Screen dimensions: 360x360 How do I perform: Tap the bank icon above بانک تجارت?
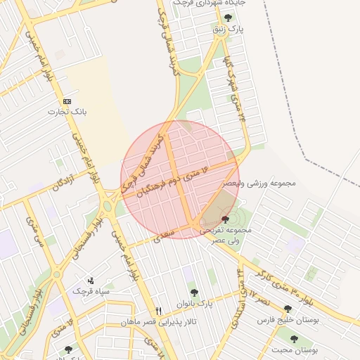tap(67, 101)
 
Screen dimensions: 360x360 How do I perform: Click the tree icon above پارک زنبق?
tap(227, 18)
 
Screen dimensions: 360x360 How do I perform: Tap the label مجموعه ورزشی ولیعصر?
tap(260, 183)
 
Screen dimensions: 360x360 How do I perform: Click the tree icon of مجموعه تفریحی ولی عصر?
tap(224, 220)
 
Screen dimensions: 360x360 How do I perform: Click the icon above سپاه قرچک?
tap(89, 281)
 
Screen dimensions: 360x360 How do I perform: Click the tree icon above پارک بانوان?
tap(194, 292)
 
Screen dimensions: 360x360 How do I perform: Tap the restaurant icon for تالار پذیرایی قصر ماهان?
tap(159, 311)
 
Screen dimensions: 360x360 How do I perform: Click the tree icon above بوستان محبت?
tap(294, 339)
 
